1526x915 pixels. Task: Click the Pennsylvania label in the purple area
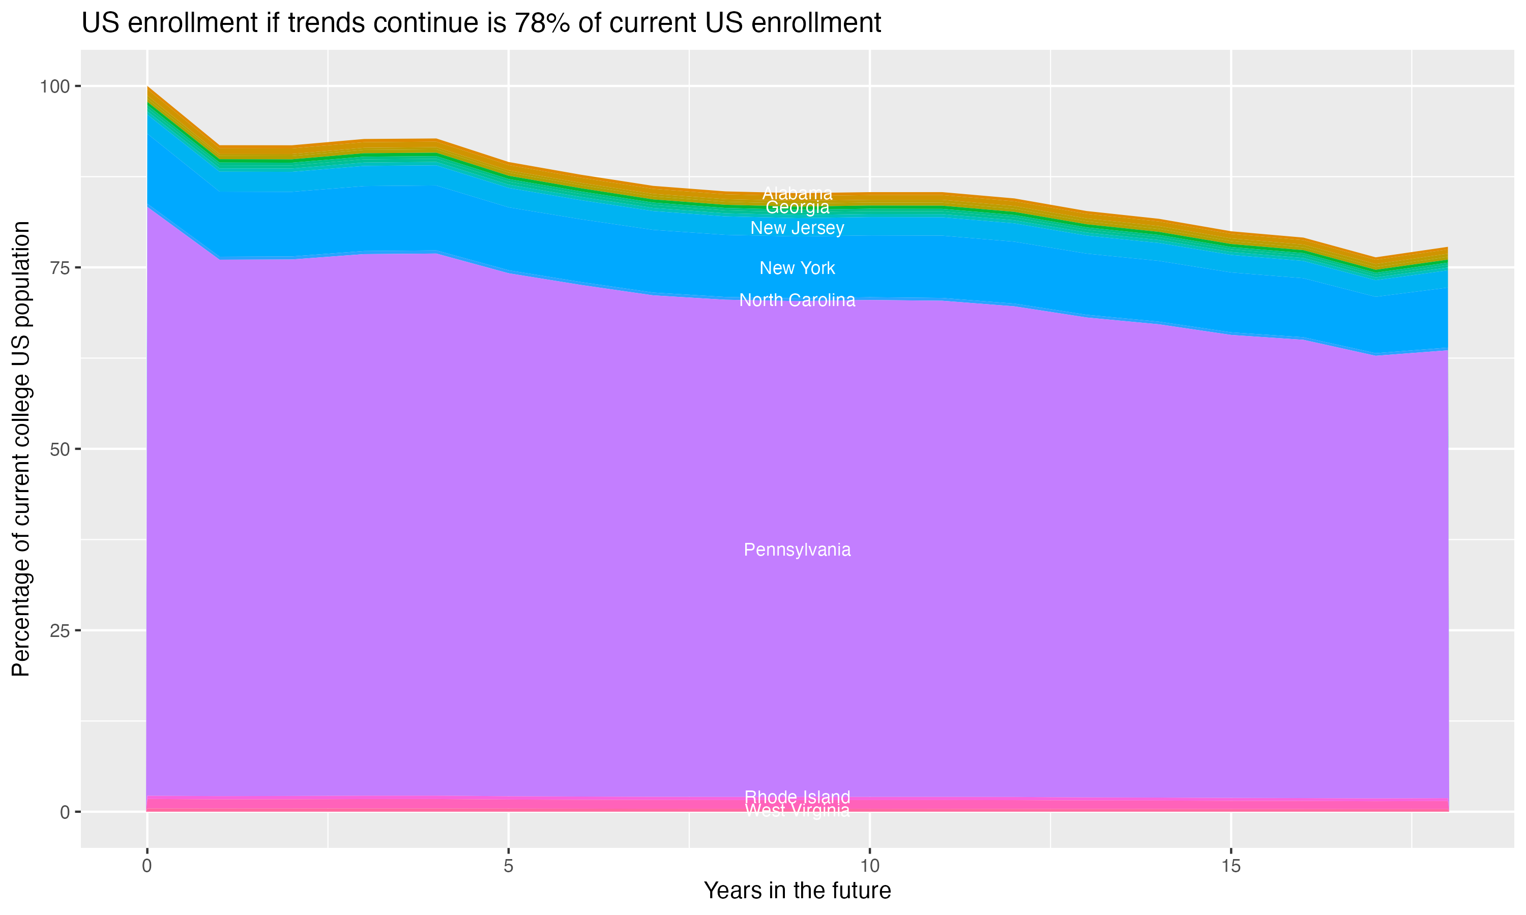point(797,550)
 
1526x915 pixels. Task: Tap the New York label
point(797,268)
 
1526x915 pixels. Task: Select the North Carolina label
point(797,300)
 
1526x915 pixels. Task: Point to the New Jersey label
point(797,228)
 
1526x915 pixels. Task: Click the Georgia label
point(797,208)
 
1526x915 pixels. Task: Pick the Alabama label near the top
point(797,193)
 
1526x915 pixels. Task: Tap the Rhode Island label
point(797,797)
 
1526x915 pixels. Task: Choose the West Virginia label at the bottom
point(797,811)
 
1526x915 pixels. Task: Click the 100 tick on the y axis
point(54,86)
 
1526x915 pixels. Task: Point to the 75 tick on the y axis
point(59,267)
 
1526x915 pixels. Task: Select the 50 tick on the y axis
point(59,449)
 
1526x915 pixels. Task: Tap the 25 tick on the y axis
point(59,630)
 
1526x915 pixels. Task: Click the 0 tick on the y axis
point(65,812)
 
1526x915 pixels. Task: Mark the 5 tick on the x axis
point(508,866)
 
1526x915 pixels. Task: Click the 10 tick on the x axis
point(869,866)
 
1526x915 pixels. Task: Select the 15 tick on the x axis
point(1230,866)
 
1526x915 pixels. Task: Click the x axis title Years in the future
point(797,890)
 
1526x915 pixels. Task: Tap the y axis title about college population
point(21,449)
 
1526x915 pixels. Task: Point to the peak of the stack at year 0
point(148,87)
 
